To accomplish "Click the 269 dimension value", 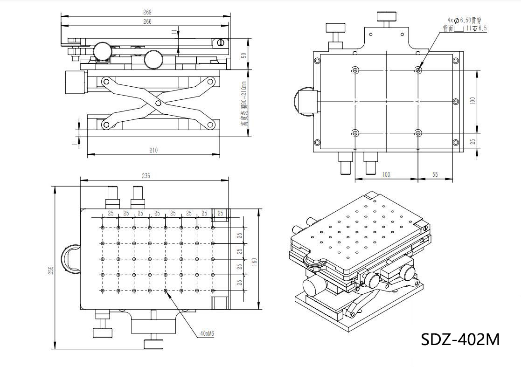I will click(x=147, y=12).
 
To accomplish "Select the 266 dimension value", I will click(x=147, y=21).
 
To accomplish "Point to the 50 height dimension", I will click(x=243, y=55).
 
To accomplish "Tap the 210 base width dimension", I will click(x=153, y=150).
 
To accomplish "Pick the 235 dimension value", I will click(x=146, y=176).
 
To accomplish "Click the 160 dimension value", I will click(x=254, y=262).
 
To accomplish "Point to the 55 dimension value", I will click(x=435, y=174).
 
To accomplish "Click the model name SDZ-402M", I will click(x=460, y=339).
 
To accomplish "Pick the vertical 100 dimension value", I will click(x=472, y=101).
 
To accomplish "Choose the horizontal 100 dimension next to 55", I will click(x=386, y=174).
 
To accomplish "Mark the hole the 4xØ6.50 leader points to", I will click(x=418, y=70).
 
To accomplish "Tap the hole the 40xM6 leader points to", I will click(x=166, y=291).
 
